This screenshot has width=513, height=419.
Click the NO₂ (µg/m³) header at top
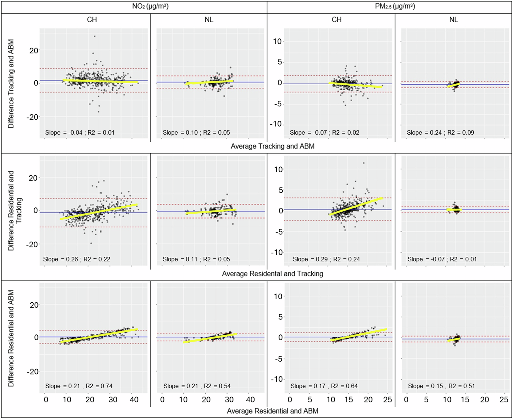click(x=150, y=6)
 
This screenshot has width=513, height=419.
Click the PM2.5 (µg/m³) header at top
click(x=395, y=6)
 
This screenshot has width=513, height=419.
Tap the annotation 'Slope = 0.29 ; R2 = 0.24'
click(x=326, y=259)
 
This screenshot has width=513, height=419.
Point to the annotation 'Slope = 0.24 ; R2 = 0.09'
click(x=440, y=133)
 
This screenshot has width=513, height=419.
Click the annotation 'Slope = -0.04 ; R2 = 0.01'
click(x=80, y=133)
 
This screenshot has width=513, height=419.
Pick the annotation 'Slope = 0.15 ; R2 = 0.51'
click(x=441, y=386)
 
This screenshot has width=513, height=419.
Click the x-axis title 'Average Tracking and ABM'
click(x=272, y=146)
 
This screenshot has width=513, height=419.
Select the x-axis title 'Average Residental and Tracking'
click(x=272, y=274)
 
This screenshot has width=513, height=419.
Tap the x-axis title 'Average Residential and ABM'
click(x=272, y=411)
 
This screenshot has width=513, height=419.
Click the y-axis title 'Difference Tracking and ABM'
click(x=11, y=84)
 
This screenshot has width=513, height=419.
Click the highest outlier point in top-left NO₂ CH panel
click(x=95, y=36)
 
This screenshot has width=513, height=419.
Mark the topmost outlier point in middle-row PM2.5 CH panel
click(x=364, y=163)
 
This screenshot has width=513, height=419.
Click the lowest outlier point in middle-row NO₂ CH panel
click(x=91, y=243)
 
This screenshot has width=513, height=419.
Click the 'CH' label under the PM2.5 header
click(x=337, y=20)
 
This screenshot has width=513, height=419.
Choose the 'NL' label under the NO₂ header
click(x=209, y=20)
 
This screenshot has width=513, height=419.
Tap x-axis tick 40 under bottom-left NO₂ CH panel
click(x=134, y=400)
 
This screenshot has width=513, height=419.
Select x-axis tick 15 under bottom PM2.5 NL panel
click(x=465, y=400)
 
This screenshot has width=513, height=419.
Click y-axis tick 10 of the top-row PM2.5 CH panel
click(x=278, y=42)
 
